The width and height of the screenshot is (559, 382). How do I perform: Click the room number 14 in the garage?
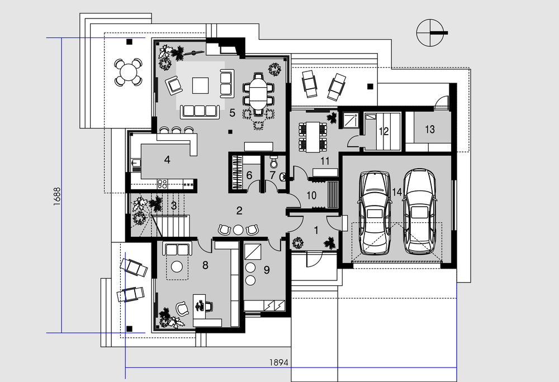pyautogui.click(x=397, y=192)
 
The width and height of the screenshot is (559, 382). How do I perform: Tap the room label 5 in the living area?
pyautogui.click(x=233, y=113)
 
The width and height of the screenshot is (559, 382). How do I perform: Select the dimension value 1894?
pyautogui.click(x=278, y=362)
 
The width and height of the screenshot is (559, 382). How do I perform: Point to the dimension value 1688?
pyautogui.click(x=57, y=197)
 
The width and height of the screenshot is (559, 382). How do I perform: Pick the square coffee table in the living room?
pyautogui.click(x=200, y=85)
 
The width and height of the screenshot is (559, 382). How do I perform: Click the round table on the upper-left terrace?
pyautogui.click(x=129, y=72)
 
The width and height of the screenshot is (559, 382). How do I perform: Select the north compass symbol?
pyautogui.click(x=432, y=33)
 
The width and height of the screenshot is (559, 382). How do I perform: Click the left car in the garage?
pyautogui.click(x=375, y=213)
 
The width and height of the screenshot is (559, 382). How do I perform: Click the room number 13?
pyautogui.click(x=430, y=129)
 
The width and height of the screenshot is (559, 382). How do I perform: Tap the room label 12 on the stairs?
pyautogui.click(x=383, y=131)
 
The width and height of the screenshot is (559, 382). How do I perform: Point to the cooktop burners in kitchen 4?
pyautogui.click(x=163, y=184)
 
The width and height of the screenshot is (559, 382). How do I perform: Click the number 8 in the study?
pyautogui.click(x=205, y=265)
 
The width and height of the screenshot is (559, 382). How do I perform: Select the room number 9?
pyautogui.click(x=267, y=270)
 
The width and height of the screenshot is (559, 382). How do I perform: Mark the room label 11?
pyautogui.click(x=325, y=161)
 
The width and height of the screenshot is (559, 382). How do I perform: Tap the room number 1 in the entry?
pyautogui.click(x=316, y=230)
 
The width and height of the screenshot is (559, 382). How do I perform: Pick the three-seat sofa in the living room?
pyautogui.click(x=200, y=111)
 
